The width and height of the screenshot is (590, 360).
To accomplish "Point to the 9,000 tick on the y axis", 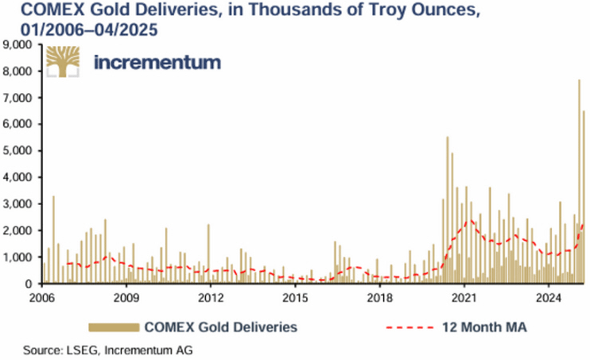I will (18, 45).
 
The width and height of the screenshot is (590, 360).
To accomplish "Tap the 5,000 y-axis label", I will (18, 151).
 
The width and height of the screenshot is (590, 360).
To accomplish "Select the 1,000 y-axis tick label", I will (18, 257).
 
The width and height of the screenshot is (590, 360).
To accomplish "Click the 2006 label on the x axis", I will (41, 299).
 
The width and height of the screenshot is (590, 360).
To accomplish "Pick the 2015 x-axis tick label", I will (295, 299).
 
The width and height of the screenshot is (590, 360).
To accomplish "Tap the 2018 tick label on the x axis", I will (379, 299).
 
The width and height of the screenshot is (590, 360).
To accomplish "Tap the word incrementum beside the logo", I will (157, 63).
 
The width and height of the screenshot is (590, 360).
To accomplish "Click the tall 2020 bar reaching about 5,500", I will (448, 211).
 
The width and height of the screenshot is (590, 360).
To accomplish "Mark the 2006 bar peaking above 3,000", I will (53, 238).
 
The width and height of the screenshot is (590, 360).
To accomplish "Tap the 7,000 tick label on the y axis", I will (18, 98).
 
